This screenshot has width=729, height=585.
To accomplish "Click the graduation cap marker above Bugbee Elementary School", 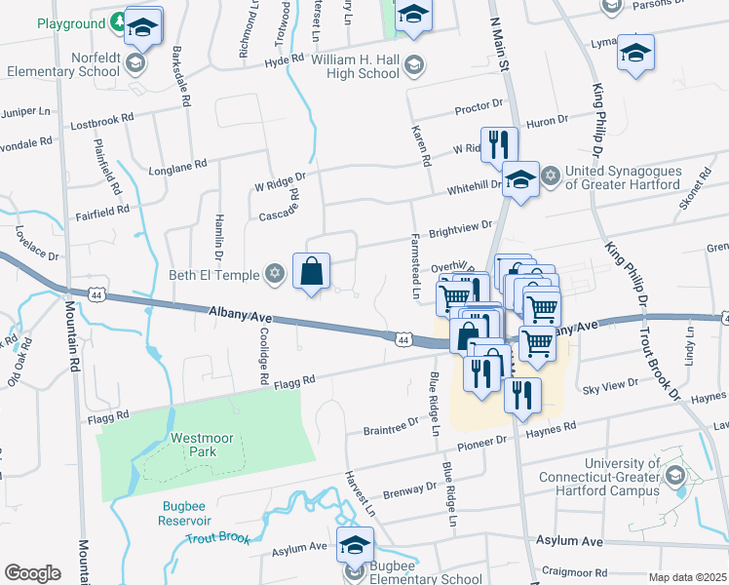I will coord(356,545).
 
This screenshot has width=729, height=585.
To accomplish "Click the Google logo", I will coord(32,573).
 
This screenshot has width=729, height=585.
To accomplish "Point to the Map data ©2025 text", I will coord(687,577).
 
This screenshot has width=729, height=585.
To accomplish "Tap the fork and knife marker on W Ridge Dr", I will coord(498,144).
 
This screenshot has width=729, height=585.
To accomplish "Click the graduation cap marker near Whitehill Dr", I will coord(521,180).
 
